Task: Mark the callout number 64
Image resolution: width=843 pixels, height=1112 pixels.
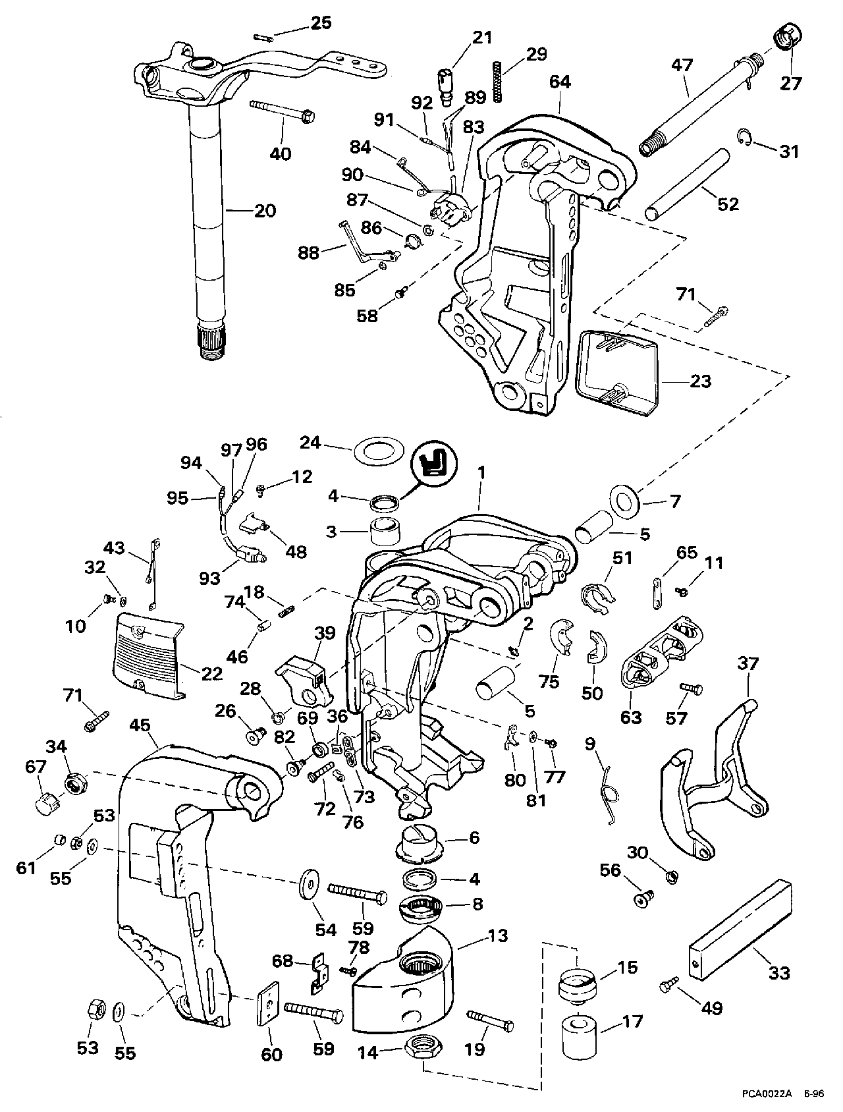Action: click(560, 82)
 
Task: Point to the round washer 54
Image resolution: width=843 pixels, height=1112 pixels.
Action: click(306, 885)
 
